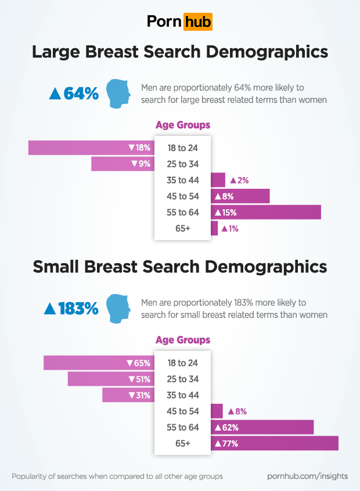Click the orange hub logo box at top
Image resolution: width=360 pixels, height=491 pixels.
[197, 21]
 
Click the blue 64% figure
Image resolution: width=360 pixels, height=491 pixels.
[74, 94]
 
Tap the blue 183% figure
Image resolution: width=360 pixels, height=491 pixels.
[71, 309]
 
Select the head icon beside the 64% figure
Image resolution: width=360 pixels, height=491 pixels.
[120, 93]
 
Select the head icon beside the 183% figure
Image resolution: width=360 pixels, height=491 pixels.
[120, 308]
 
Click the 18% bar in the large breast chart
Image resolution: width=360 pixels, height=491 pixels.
[91, 148]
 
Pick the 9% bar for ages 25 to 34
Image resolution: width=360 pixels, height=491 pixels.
[122, 164]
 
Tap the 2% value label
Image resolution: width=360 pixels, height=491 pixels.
[239, 180]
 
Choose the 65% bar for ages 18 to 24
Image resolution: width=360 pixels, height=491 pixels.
[98, 363]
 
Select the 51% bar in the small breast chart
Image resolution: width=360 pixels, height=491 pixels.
[110, 379]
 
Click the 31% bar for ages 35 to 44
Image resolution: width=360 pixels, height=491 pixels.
[128, 395]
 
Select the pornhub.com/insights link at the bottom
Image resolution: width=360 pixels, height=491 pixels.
[307, 476]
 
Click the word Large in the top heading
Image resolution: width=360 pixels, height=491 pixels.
[57, 52]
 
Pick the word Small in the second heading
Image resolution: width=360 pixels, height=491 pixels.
[57, 267]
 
